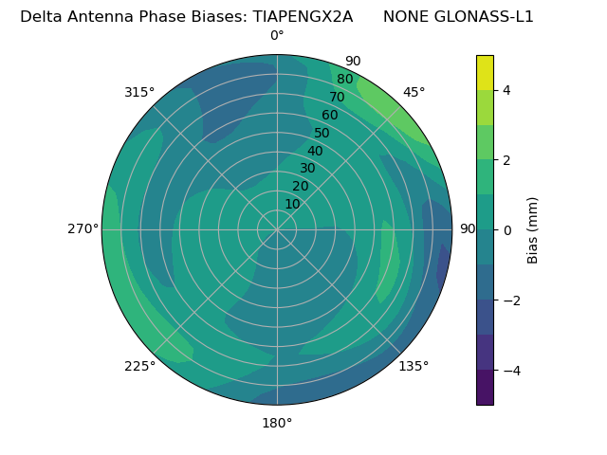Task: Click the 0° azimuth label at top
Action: click(x=277, y=36)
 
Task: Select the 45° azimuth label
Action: click(x=414, y=92)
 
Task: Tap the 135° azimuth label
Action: click(x=414, y=366)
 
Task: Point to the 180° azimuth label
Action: click(x=277, y=423)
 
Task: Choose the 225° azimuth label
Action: click(x=139, y=366)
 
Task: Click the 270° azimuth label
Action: click(x=83, y=228)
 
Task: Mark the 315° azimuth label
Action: click(x=139, y=92)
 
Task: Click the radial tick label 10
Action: click(x=292, y=204)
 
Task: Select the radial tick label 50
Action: click(x=322, y=133)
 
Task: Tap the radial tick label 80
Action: click(x=344, y=80)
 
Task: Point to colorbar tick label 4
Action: click(x=506, y=90)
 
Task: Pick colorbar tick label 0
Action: click(x=506, y=229)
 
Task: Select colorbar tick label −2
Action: click(x=509, y=300)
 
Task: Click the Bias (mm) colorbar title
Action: click(x=533, y=229)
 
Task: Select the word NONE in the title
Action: click(x=403, y=16)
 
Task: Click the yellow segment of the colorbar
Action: click(x=485, y=72)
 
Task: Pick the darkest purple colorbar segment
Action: click(x=485, y=387)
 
